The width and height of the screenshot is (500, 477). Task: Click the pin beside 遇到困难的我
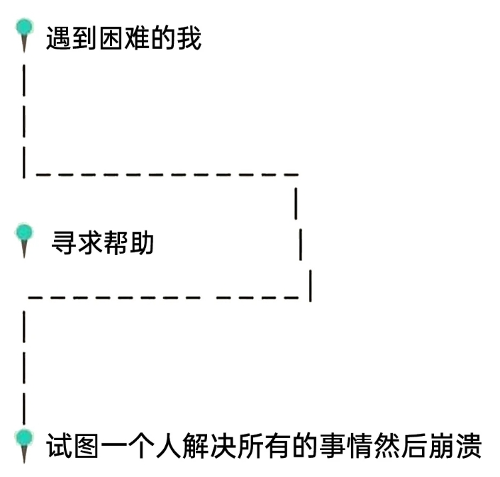(26, 31)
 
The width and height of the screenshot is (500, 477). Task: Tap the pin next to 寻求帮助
(26, 236)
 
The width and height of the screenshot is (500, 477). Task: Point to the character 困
(110, 38)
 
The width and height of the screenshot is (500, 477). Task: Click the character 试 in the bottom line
(59, 447)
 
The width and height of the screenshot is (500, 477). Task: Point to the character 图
(85, 447)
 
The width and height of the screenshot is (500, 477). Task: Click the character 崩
(443, 447)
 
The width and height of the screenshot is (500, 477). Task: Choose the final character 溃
(469, 447)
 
